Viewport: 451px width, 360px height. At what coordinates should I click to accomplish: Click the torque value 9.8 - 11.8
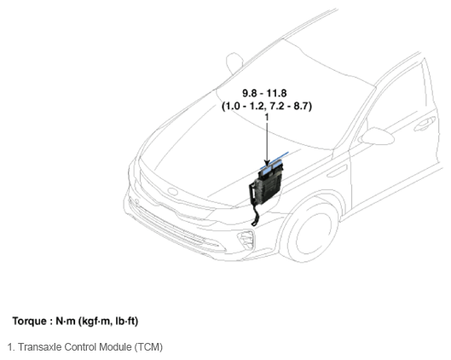point(264,93)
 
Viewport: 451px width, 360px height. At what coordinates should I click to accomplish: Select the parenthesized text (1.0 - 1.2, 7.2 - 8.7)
point(267,106)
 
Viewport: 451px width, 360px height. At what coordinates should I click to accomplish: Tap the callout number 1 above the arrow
point(267,117)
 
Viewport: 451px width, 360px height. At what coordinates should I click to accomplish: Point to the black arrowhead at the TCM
point(267,163)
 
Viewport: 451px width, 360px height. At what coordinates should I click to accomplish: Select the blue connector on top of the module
point(271,169)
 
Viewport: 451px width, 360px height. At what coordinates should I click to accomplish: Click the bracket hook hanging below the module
point(256,215)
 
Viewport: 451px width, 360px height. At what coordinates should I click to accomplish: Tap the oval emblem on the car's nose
point(173,191)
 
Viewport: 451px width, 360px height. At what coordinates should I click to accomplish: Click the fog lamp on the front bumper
point(246,239)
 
